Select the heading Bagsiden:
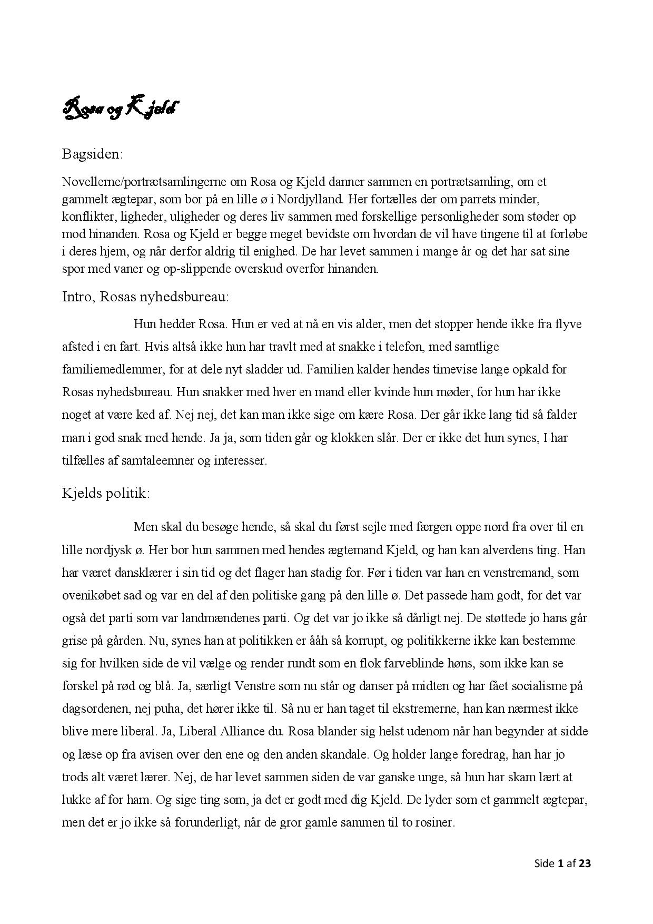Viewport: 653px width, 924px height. (92, 154)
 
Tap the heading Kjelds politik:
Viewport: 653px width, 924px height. (106, 493)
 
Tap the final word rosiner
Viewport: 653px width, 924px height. (435, 822)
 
